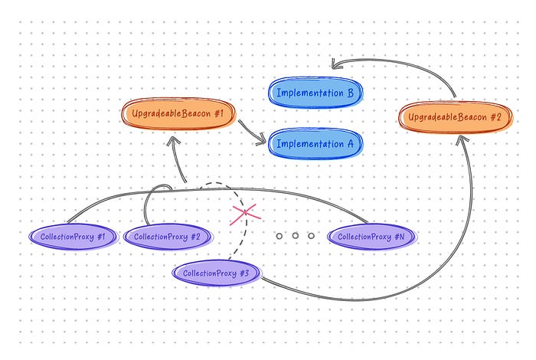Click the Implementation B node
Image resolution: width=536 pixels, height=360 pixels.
(x=314, y=93)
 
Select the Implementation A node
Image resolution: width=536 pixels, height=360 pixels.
(x=314, y=143)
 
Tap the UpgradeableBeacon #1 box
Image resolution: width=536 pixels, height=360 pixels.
(x=178, y=113)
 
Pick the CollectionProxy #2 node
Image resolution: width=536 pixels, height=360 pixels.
(x=167, y=237)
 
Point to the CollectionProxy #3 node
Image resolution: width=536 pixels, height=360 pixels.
(x=217, y=273)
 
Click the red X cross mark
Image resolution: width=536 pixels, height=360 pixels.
(x=242, y=212)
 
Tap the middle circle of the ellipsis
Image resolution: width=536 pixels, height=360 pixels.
(x=295, y=236)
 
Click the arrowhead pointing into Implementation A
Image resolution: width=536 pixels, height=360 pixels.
(x=263, y=139)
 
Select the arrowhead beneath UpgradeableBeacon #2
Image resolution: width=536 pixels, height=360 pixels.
(x=462, y=139)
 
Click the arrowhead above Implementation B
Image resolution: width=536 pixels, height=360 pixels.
(x=335, y=66)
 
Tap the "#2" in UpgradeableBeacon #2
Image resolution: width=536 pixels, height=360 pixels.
(x=494, y=117)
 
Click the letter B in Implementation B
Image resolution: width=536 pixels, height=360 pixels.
(x=349, y=93)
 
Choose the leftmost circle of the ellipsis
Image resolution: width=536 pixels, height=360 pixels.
(x=279, y=236)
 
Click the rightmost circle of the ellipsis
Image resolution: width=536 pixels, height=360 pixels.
(x=311, y=236)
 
